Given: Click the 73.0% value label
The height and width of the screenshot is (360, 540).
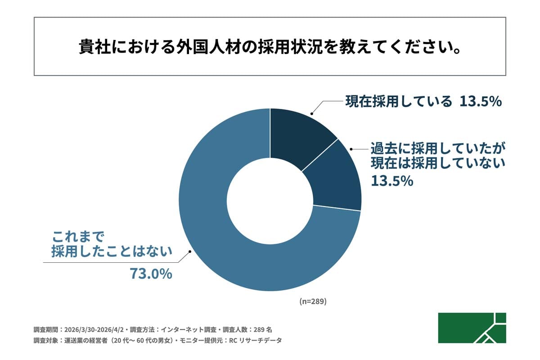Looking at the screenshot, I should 151,274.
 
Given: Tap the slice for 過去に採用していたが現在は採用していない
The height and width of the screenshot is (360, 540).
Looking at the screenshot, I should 335,178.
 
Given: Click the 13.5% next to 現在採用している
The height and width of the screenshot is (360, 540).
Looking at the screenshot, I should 480,102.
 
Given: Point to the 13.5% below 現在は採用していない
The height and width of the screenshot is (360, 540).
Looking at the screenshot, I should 391,181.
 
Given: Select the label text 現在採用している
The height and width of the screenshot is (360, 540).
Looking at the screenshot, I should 398,102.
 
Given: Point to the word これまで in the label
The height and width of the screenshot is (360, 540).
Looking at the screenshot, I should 78,236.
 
